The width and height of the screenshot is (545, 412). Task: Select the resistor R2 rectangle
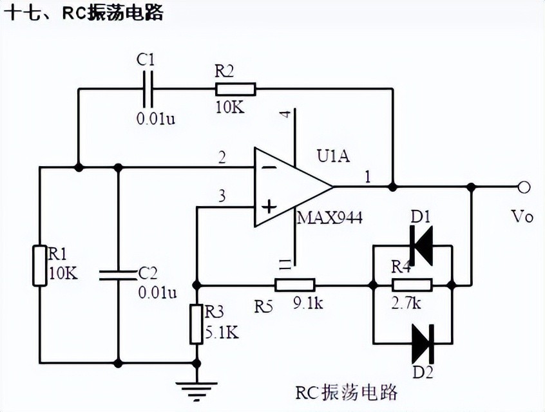[235, 89]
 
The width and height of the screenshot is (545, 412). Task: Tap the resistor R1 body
[39, 264]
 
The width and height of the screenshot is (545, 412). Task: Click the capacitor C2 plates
[118, 275]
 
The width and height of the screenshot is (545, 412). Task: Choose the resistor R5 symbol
[294, 285]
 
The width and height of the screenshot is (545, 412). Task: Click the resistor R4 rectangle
[412, 285]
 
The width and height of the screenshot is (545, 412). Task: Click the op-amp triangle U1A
[290, 187]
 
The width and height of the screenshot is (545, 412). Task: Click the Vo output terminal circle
[524, 187]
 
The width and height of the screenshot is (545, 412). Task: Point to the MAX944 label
[329, 218]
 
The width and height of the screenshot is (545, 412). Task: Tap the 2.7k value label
[407, 303]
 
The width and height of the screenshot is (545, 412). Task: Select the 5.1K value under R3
[222, 332]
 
